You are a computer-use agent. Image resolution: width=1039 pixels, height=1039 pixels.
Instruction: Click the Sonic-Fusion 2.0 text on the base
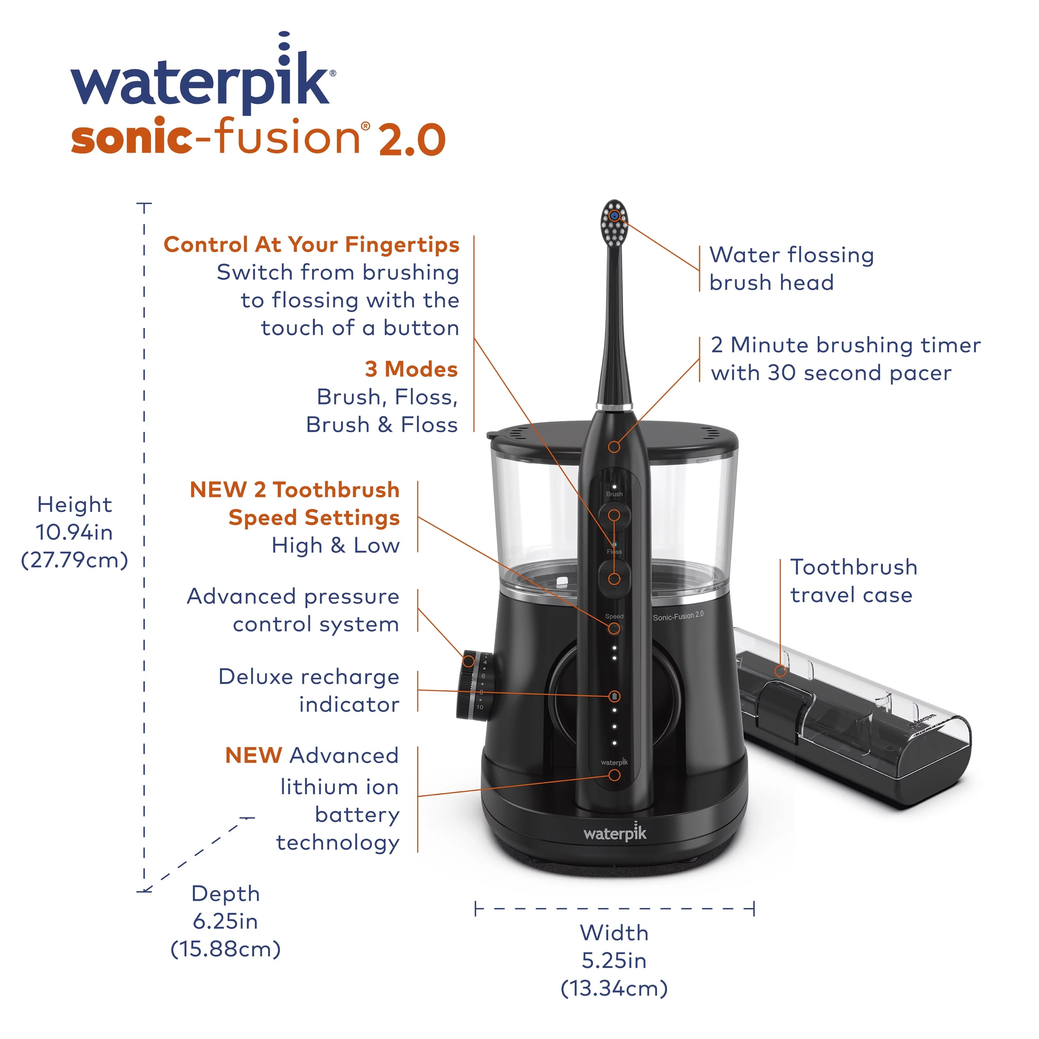pyautogui.click(x=678, y=616)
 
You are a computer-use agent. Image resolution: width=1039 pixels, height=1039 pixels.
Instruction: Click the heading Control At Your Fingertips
pyautogui.click(x=311, y=245)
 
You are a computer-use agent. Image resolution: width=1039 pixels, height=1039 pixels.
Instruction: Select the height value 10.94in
pyautogui.click(x=74, y=532)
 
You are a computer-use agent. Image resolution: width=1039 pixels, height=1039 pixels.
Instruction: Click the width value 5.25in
pyautogui.click(x=614, y=960)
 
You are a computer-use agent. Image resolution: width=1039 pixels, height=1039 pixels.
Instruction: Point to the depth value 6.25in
pyautogui.click(x=225, y=921)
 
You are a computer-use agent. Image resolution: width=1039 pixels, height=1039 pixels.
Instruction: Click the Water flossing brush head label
pyautogui.click(x=791, y=268)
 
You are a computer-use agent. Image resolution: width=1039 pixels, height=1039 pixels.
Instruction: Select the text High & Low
pyautogui.click(x=336, y=545)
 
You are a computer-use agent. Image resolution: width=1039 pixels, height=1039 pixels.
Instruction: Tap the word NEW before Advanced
pyautogui.click(x=253, y=756)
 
